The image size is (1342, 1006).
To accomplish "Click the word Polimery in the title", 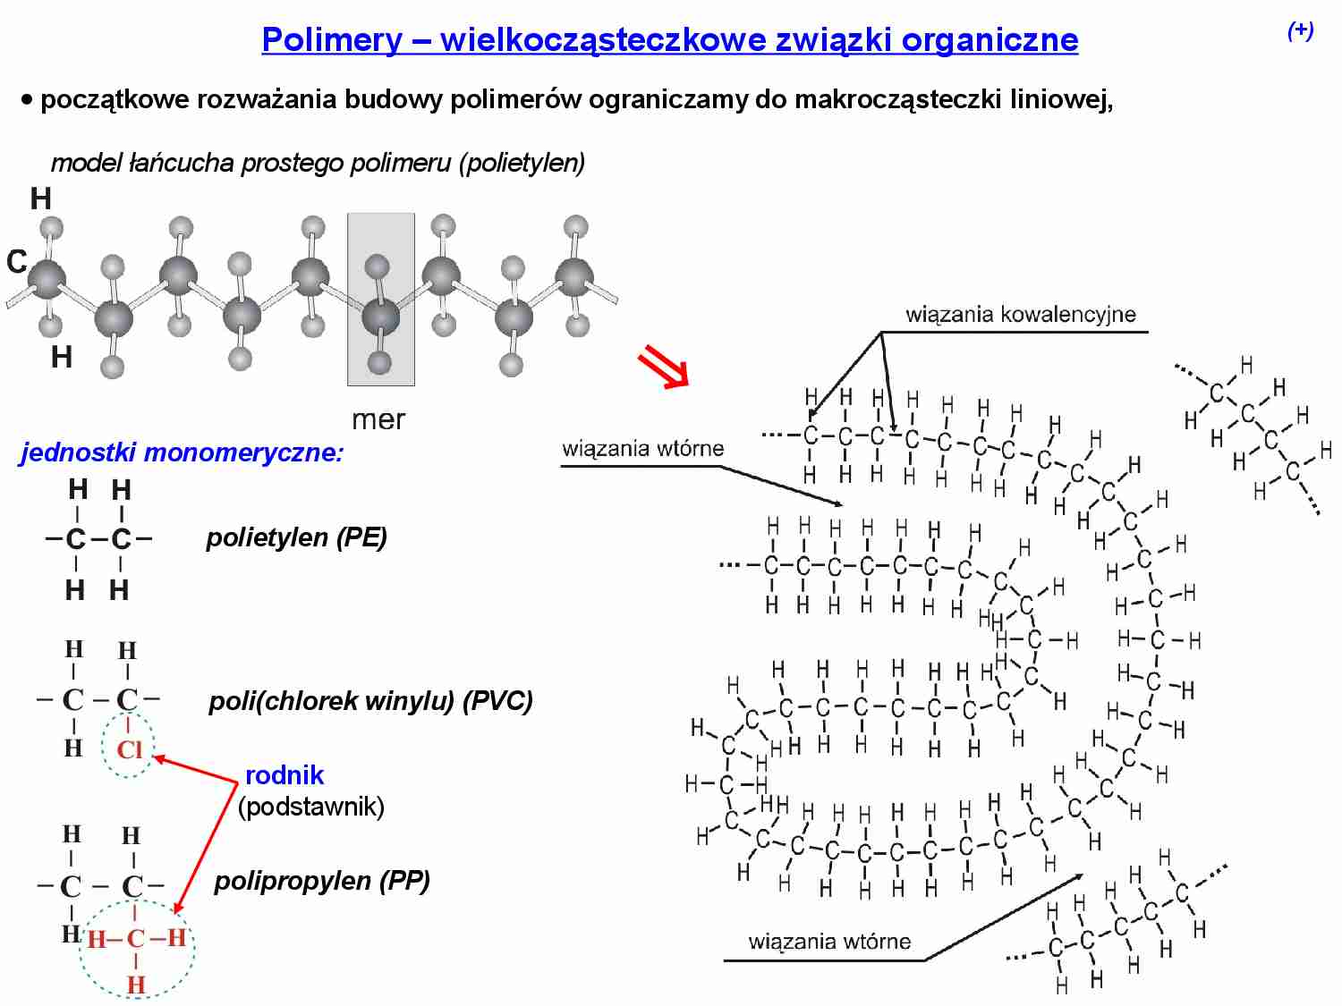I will (332, 39).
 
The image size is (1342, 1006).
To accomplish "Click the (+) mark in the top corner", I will (1300, 31).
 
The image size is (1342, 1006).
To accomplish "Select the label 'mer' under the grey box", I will (378, 419).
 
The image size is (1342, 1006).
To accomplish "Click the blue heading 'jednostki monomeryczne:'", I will (182, 452).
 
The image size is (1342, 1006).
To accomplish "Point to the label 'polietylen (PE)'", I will (296, 537).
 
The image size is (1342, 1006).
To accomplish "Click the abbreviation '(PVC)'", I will (497, 700).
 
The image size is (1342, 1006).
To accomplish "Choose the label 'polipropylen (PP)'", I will (322, 881).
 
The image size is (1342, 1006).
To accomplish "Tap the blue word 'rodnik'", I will (285, 775).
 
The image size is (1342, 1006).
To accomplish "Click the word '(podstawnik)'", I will (310, 806).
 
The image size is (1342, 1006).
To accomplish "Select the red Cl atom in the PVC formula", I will (130, 748).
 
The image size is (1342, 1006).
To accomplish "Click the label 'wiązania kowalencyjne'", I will (1020, 315).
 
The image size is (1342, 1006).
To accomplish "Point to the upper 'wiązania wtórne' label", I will (642, 449).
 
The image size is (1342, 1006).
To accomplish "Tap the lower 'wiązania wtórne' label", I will (829, 942).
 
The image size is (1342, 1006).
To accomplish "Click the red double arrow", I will (663, 368).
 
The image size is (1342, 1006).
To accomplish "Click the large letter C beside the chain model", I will (17, 262).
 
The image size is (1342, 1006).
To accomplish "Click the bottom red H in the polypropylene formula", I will (136, 985).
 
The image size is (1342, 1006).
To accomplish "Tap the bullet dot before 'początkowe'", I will (27, 99).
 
